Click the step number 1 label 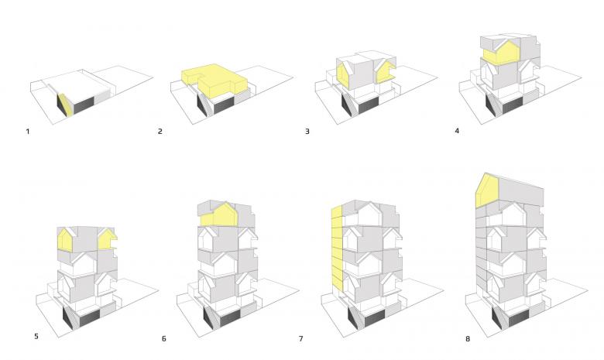click(x=28, y=132)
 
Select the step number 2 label click(x=160, y=132)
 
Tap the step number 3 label click(x=307, y=132)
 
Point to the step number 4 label click(x=457, y=131)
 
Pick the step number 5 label click(x=36, y=336)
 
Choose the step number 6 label click(x=163, y=339)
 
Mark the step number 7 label click(x=301, y=339)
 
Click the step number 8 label click(x=468, y=339)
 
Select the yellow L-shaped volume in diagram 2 click(x=213, y=80)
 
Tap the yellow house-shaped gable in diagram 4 click(x=501, y=53)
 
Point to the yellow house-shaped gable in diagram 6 click(x=219, y=216)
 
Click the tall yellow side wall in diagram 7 click(x=337, y=248)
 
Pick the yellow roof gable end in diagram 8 click(x=487, y=191)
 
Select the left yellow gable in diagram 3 click(x=343, y=77)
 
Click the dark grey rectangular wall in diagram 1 click(x=84, y=105)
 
